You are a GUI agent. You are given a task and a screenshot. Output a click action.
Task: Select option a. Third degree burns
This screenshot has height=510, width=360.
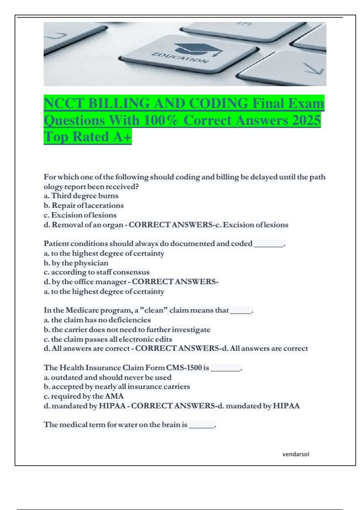pyautogui.click(x=81, y=196)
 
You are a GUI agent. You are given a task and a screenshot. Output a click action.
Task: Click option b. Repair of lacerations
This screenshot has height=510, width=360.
pyautogui.click(x=84, y=205)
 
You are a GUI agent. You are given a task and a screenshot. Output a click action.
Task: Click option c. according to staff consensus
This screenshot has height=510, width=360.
pyautogui.click(x=97, y=272)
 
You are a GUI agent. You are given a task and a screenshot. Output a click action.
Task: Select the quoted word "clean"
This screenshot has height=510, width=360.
pyautogui.click(x=153, y=310)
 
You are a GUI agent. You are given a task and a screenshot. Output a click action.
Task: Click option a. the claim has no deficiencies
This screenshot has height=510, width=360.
pyautogui.click(x=97, y=320)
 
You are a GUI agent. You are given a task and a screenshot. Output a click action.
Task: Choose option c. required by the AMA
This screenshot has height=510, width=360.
pyautogui.click(x=84, y=396)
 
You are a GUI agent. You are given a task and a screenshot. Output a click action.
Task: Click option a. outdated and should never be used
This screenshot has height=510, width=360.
pyautogui.click(x=108, y=377)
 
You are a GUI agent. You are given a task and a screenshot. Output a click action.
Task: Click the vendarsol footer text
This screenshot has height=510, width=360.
pyautogui.click(x=295, y=454)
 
